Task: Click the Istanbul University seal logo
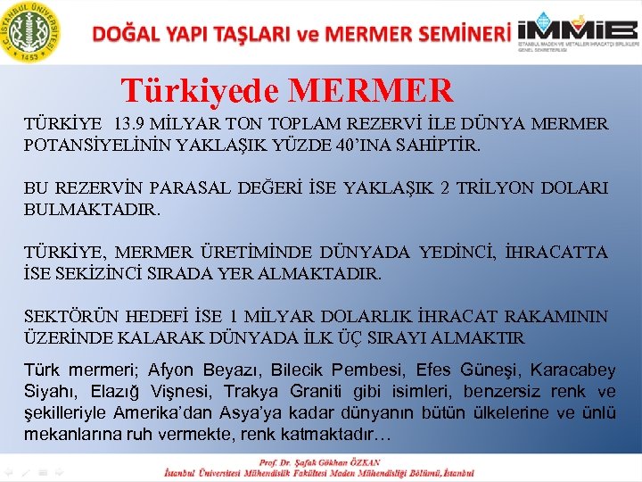click(x=33, y=30)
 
